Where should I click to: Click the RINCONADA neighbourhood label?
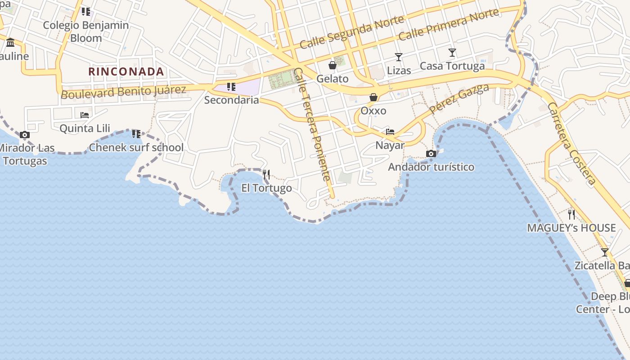click(126, 72)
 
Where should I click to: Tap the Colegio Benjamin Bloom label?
click(86, 31)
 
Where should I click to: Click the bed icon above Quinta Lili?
click(85, 115)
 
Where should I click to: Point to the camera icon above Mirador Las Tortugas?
click(25, 135)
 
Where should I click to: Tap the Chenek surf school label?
click(136, 147)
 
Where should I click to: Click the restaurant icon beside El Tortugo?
click(266, 174)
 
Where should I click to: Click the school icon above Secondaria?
click(231, 86)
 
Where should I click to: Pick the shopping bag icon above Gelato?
click(333, 66)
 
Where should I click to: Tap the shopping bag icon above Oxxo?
click(373, 97)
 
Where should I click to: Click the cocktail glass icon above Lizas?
click(398, 57)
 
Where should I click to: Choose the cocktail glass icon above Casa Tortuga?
click(452, 53)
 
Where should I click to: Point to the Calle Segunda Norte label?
click(346, 35)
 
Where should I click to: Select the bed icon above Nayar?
click(390, 132)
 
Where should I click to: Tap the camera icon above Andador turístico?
click(431, 154)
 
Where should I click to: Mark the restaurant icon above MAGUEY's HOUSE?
click(571, 214)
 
